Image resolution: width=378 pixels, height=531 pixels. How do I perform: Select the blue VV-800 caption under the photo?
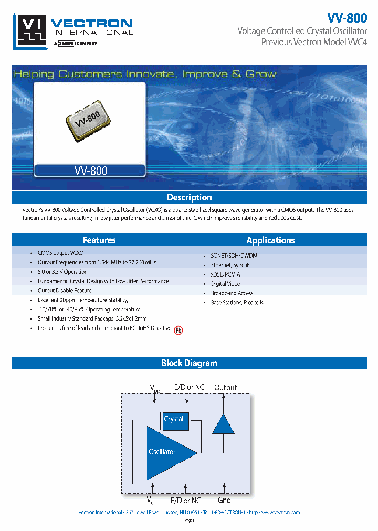pyautogui.click(x=90, y=170)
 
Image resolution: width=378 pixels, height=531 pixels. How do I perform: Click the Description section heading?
pyautogui.click(x=189, y=198)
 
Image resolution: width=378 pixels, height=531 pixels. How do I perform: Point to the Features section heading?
pyautogui.click(x=99, y=240)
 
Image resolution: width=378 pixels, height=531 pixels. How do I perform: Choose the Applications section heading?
pyautogui.click(x=270, y=240)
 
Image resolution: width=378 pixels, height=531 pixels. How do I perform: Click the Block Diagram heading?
pyautogui.click(x=189, y=363)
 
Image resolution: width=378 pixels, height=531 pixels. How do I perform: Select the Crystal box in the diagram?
pyautogui.click(x=173, y=419)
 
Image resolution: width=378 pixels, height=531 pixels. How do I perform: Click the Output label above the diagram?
pyautogui.click(x=226, y=388)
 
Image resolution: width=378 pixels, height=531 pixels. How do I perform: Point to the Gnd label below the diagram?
pyautogui.click(x=224, y=501)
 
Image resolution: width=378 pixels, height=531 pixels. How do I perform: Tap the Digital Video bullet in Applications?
pyautogui.click(x=226, y=284)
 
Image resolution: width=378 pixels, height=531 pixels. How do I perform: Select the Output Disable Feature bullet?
pyautogui.click(x=65, y=291)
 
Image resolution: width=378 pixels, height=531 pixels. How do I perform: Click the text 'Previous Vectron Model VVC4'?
pyautogui.click(x=314, y=42)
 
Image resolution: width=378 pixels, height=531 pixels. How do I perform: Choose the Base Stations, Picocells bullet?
pyautogui.click(x=237, y=303)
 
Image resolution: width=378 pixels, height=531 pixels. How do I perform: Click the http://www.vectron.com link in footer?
pyautogui.click(x=274, y=512)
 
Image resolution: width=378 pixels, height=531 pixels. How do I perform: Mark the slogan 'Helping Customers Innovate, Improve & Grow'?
pyautogui.click(x=145, y=74)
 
